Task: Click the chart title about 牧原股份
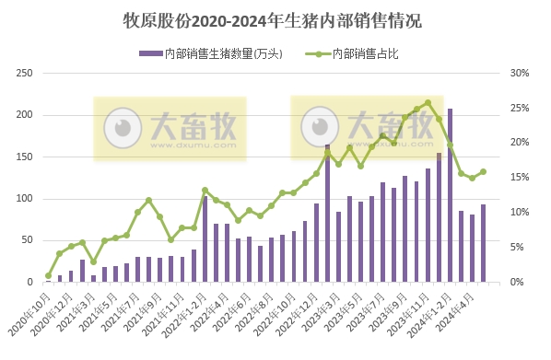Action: click(x=275, y=19)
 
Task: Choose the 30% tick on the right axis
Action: click(x=519, y=74)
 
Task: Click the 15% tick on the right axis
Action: click(x=519, y=178)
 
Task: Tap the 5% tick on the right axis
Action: click(x=517, y=248)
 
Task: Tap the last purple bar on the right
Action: click(x=483, y=243)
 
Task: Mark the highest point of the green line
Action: click(x=428, y=103)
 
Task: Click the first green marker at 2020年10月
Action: click(x=49, y=275)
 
